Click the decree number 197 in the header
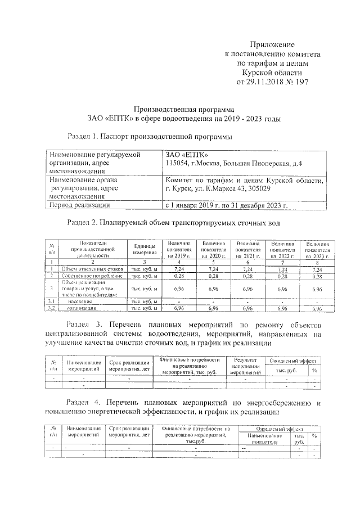(299, 82)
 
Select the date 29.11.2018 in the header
(262, 82)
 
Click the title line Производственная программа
(183, 109)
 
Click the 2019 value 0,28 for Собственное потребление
(179, 276)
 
